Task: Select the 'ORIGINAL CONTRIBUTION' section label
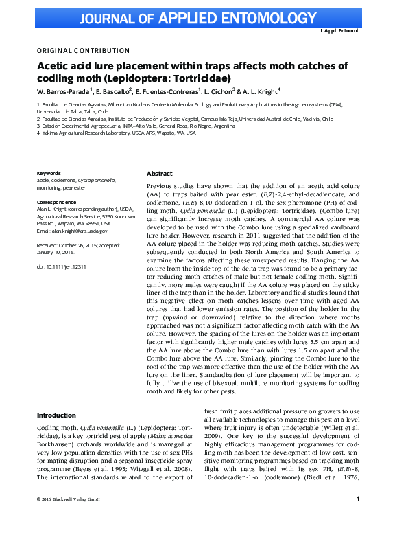click(83, 51)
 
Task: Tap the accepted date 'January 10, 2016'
click(60, 251)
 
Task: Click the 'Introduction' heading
click(56, 415)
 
